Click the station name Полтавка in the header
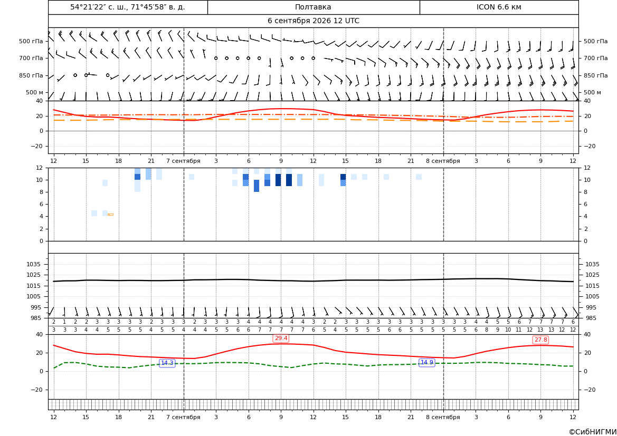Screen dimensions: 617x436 pyautogui.click(x=313, y=7)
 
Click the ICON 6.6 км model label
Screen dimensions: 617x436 pyautogui.click(x=499, y=7)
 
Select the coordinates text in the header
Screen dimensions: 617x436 pyautogui.click(x=128, y=7)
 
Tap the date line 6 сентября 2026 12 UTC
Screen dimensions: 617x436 pyautogui.click(x=313, y=21)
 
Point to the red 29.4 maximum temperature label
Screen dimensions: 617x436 pyautogui.click(x=281, y=338)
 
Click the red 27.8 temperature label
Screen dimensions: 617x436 pyautogui.click(x=540, y=340)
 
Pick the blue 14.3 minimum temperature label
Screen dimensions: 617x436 pyautogui.click(x=167, y=363)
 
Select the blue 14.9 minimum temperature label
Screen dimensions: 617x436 pyautogui.click(x=427, y=363)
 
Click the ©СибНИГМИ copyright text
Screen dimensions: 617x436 pyautogui.click(x=593, y=432)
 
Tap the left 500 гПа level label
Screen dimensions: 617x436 pyautogui.click(x=31, y=41)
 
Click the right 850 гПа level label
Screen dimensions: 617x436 pyautogui.click(x=596, y=75)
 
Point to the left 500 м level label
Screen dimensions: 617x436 pyautogui.click(x=35, y=92)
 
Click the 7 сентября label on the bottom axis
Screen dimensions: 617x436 pyautogui.click(x=183, y=417)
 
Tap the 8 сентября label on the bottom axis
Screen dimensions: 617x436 pyautogui.click(x=443, y=417)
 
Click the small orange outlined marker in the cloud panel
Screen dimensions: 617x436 pyautogui.click(x=110, y=214)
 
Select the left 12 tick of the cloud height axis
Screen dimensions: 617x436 pyautogui.click(x=40, y=168)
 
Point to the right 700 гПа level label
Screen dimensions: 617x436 pyautogui.click(x=596, y=58)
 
